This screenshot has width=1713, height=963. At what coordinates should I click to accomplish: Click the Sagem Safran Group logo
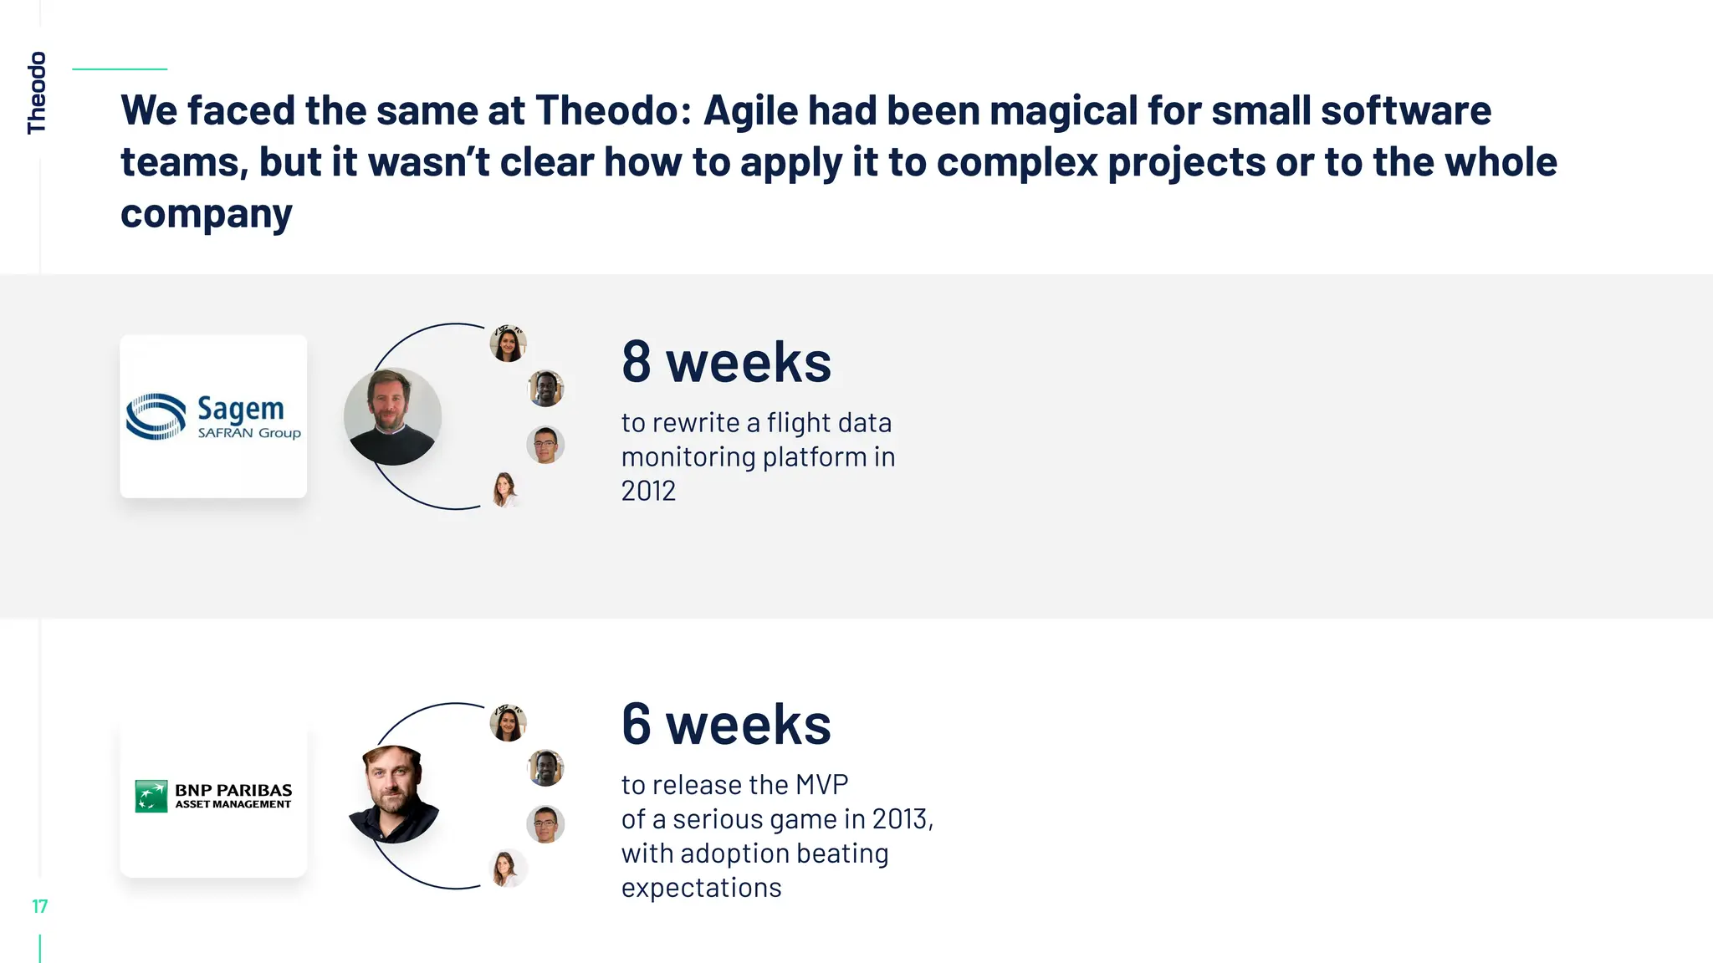(x=213, y=416)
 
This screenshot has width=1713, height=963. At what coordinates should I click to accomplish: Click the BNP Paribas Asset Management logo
(x=213, y=796)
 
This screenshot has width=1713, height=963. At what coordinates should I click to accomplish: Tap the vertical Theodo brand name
(x=37, y=92)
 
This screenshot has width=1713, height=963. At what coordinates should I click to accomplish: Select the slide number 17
(x=39, y=906)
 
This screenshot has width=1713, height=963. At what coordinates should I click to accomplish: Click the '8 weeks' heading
(x=726, y=363)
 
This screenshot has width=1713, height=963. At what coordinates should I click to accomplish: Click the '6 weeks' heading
(x=726, y=724)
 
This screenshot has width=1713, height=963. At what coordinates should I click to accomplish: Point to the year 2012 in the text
(x=648, y=491)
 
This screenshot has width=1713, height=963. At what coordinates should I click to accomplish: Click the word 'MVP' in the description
(x=821, y=785)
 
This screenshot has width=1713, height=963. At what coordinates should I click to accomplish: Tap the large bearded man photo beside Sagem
(x=392, y=416)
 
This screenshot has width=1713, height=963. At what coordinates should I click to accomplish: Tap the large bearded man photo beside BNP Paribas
(x=392, y=794)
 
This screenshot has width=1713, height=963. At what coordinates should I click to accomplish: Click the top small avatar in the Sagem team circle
(x=508, y=344)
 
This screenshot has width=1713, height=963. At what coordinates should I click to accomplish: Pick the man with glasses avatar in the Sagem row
(x=545, y=445)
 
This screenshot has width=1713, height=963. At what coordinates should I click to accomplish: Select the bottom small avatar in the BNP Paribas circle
(x=505, y=868)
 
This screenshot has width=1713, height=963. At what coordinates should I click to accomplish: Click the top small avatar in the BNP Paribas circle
(x=508, y=723)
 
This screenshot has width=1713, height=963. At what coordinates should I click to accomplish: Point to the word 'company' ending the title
(x=207, y=214)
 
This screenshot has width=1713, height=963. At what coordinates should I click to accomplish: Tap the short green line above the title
(x=120, y=69)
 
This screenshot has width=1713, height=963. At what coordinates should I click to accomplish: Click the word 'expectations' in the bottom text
(x=701, y=888)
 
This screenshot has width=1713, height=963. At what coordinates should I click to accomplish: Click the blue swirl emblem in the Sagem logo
(x=156, y=416)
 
